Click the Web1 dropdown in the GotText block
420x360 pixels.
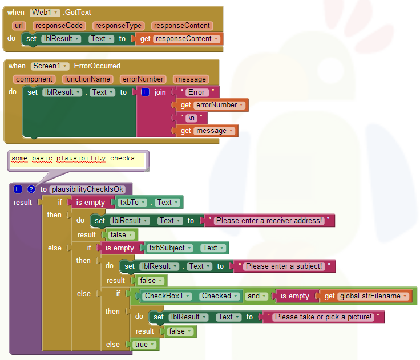(45, 13)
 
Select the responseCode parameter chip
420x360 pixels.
(59, 26)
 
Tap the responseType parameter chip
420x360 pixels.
(118, 26)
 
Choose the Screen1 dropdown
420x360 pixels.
(50, 66)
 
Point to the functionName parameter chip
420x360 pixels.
(87, 79)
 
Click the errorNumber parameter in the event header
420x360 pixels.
(143, 79)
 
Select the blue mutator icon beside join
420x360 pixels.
(145, 92)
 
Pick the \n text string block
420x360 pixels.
(191, 118)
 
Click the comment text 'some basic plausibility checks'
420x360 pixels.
(73, 158)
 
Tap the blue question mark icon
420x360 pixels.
(31, 189)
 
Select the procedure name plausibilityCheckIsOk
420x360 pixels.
(87, 189)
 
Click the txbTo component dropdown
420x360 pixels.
(132, 202)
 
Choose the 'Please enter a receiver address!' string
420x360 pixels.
(269, 221)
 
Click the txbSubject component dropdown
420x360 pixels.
(169, 248)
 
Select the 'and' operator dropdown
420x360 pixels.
(257, 296)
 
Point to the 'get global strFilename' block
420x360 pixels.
(365, 296)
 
